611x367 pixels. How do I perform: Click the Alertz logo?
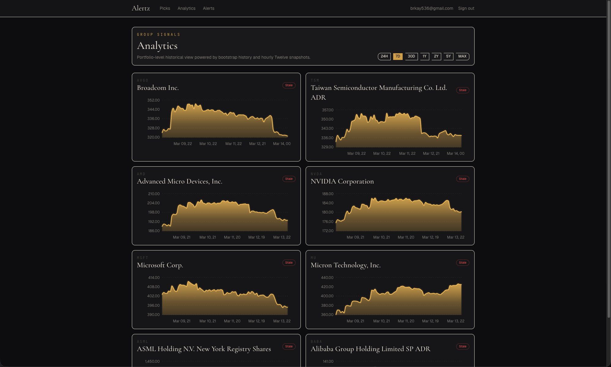tap(141, 8)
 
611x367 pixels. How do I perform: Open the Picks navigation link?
tap(165, 8)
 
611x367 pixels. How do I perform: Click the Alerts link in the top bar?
tap(208, 8)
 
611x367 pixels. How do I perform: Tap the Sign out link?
tap(466, 8)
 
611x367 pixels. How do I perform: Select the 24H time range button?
tap(384, 56)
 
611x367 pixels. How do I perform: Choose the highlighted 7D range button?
tap(397, 56)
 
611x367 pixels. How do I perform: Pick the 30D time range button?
tap(411, 56)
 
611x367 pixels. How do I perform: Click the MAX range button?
tap(462, 56)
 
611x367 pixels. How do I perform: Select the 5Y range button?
tap(448, 56)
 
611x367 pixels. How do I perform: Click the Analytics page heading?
tap(157, 46)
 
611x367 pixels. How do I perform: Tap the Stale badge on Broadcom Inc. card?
tap(289, 85)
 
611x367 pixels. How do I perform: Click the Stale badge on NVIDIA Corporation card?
tap(462, 179)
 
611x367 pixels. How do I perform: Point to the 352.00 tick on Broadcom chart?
tap(153, 100)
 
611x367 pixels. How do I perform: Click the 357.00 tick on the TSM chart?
tap(327, 110)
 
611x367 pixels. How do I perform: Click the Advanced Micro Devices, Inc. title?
tap(180, 181)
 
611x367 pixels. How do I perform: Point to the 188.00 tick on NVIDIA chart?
tap(327, 194)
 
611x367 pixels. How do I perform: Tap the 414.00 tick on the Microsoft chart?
tap(154, 278)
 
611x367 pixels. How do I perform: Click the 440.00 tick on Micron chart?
tap(327, 278)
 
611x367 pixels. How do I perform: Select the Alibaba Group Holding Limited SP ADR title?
tap(370, 349)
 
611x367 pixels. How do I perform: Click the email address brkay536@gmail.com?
tap(431, 8)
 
